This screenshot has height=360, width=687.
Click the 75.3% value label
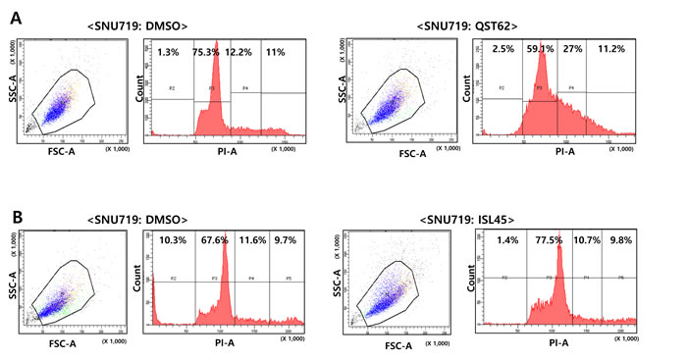(x=207, y=50)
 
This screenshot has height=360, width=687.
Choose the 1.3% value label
(x=169, y=50)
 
